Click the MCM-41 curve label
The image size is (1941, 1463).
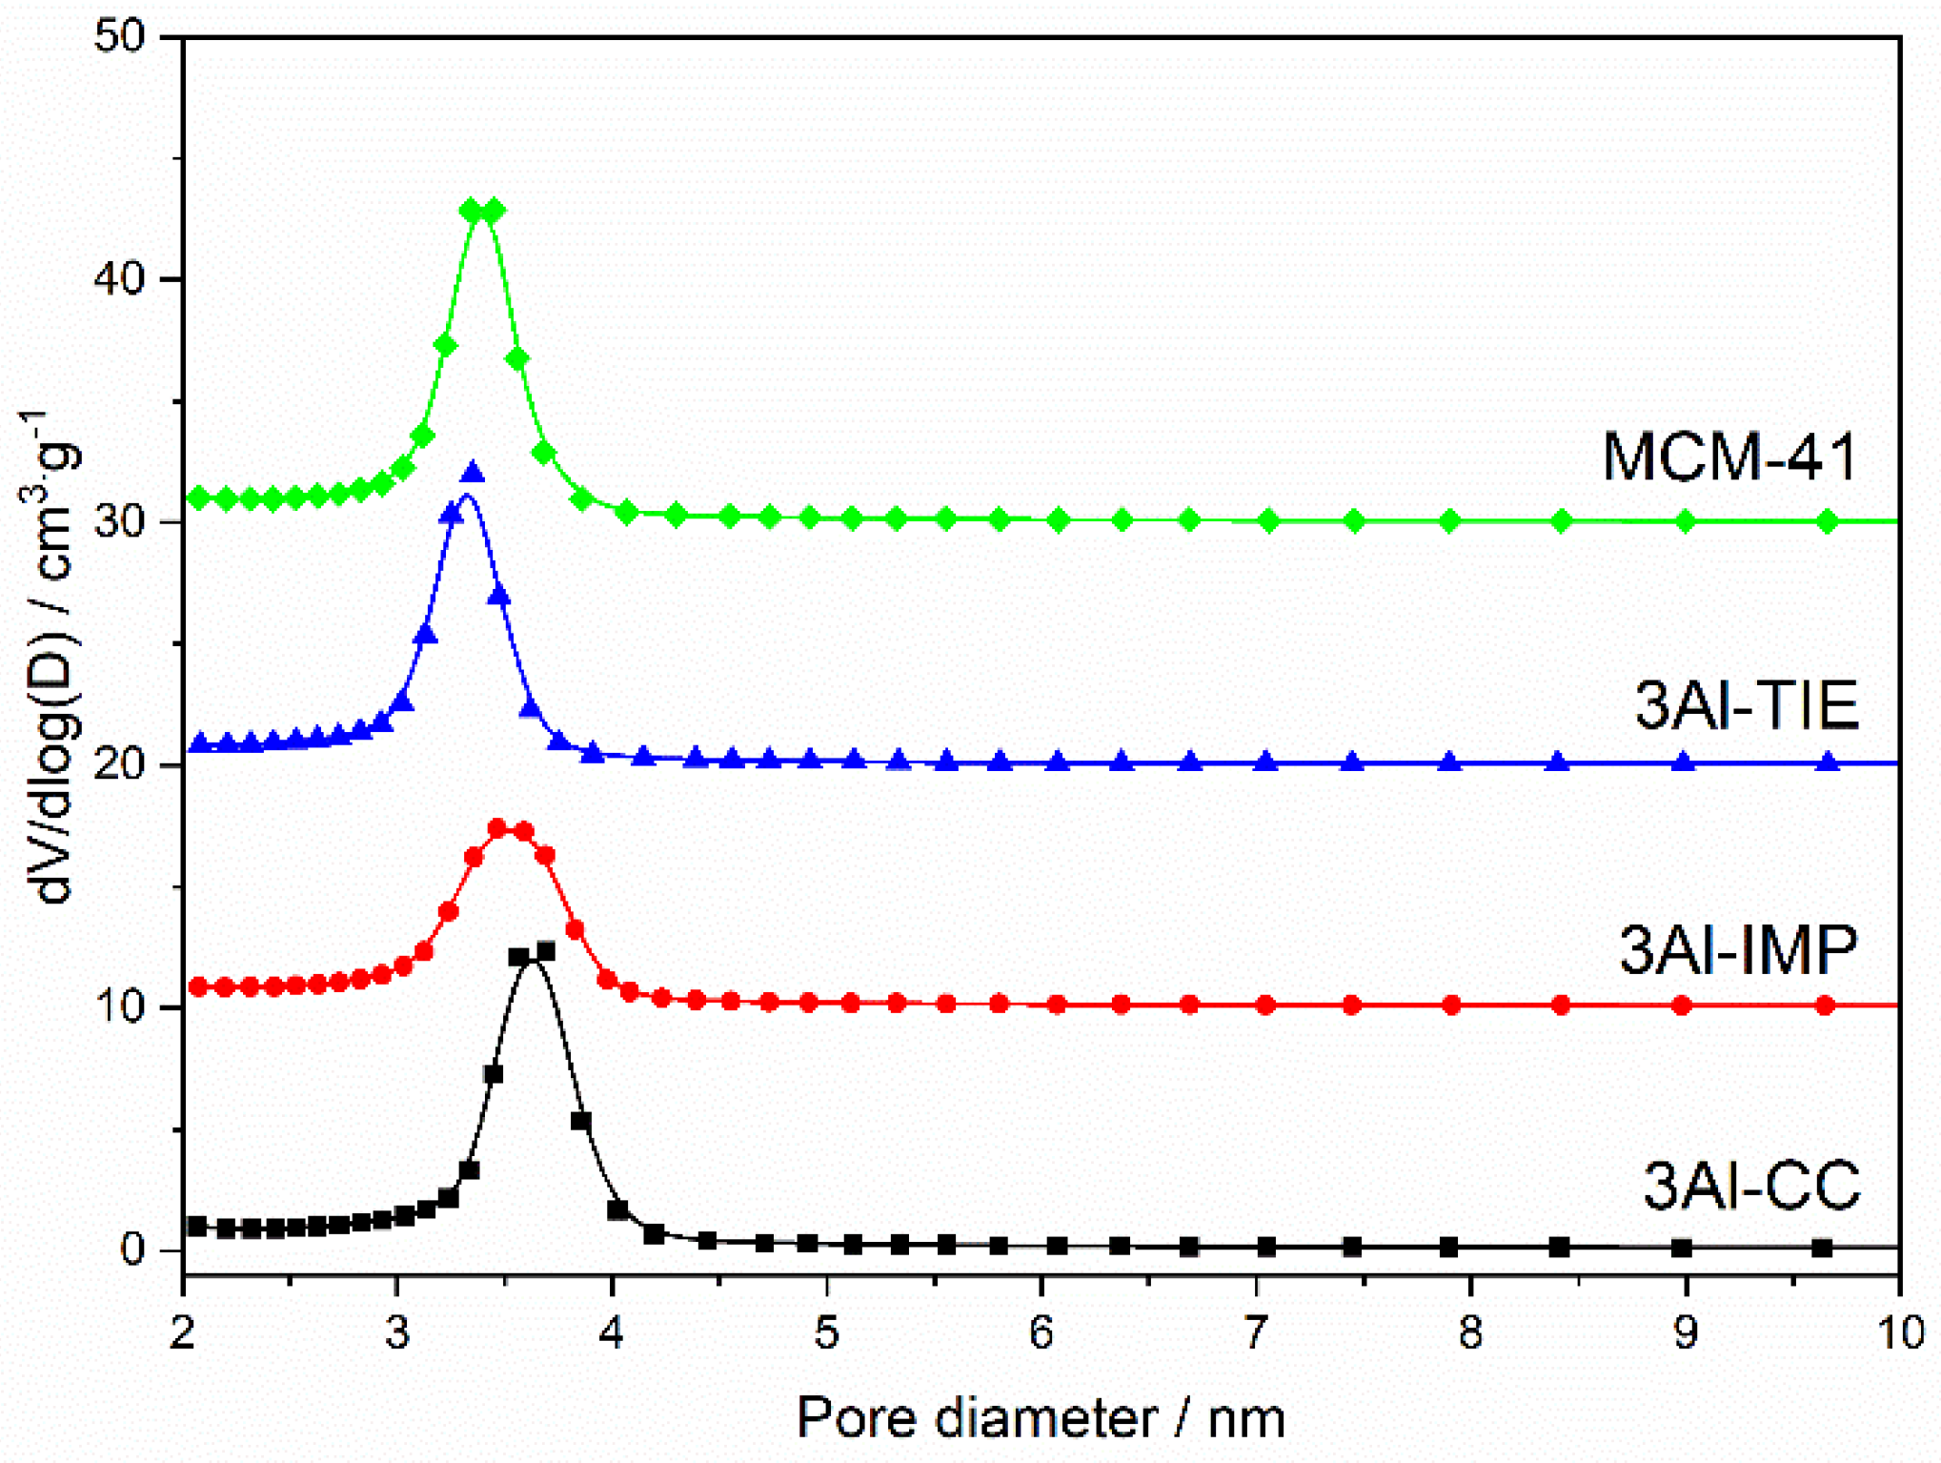click(1729, 457)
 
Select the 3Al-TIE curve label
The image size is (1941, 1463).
click(1747, 705)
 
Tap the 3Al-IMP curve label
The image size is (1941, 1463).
click(1739, 949)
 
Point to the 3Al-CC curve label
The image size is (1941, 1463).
click(1751, 1186)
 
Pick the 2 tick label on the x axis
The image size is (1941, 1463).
click(183, 1331)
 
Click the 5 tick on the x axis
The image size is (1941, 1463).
click(827, 1331)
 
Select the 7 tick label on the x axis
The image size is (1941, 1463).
click(1257, 1331)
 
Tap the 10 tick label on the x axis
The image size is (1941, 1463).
click(1901, 1331)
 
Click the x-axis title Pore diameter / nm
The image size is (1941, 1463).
click(1041, 1418)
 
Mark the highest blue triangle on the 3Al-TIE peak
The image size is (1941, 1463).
click(473, 473)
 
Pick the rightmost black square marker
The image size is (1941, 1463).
click(1822, 1248)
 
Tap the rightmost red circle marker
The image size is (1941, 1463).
click(1825, 1006)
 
